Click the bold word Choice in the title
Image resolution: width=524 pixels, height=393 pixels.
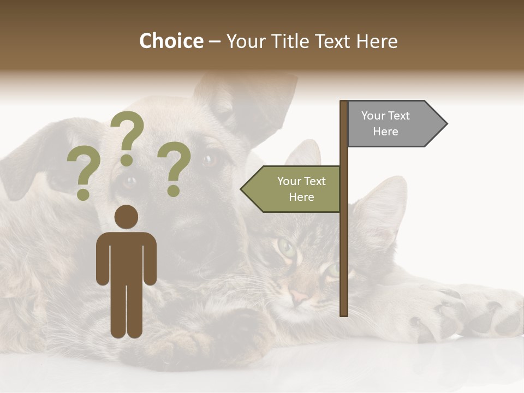[171, 41]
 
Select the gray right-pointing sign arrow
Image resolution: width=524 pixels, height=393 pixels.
[396, 124]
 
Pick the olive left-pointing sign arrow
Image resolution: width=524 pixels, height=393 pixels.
[292, 189]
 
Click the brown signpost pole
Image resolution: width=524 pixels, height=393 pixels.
[344, 246]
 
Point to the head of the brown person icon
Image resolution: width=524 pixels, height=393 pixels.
[126, 217]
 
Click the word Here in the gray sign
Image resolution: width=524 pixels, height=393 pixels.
[385, 132]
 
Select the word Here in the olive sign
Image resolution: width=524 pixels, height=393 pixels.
[301, 197]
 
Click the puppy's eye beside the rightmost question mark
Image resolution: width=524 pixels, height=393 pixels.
[209, 160]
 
